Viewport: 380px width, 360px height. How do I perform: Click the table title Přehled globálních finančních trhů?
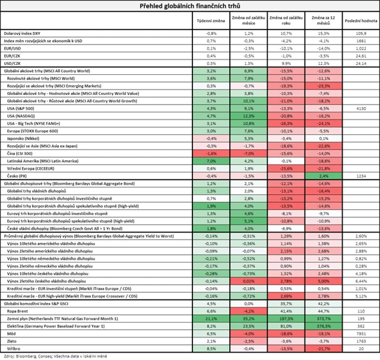click(x=190, y=7)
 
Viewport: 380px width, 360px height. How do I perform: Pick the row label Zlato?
click(x=13, y=341)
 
